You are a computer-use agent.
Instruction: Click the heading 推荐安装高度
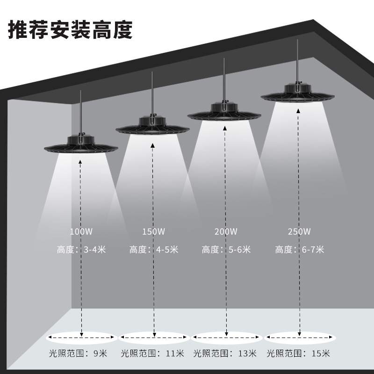[71, 29]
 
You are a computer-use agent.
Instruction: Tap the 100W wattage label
[81, 231]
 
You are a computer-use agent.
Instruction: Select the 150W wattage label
[153, 231]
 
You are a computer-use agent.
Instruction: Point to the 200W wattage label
[226, 231]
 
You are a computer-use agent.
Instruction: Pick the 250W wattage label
[300, 231]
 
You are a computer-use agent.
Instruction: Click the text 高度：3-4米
[81, 250]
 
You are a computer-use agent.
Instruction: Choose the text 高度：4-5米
[154, 250]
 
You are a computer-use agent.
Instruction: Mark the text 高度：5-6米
[227, 250]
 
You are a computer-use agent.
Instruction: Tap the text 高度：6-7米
[300, 250]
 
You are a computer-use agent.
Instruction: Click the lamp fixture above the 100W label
[81, 144]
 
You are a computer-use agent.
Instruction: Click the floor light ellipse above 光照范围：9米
[81, 337]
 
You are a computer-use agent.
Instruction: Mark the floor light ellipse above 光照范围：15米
[300, 337]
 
